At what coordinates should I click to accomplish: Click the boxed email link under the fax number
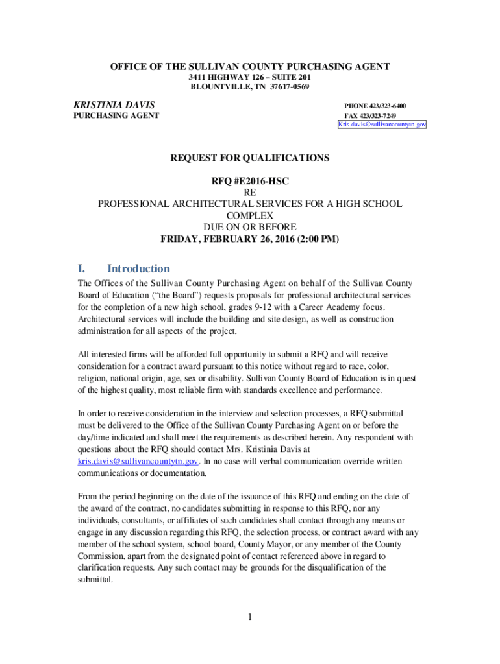coord(382,124)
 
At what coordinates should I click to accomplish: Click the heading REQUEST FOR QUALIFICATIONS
coord(249,158)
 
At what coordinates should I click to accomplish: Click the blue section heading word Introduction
coord(138,268)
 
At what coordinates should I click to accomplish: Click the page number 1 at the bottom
coord(249,617)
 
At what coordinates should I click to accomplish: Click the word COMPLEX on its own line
coord(249,215)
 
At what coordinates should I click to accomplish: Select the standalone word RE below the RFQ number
coord(249,193)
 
